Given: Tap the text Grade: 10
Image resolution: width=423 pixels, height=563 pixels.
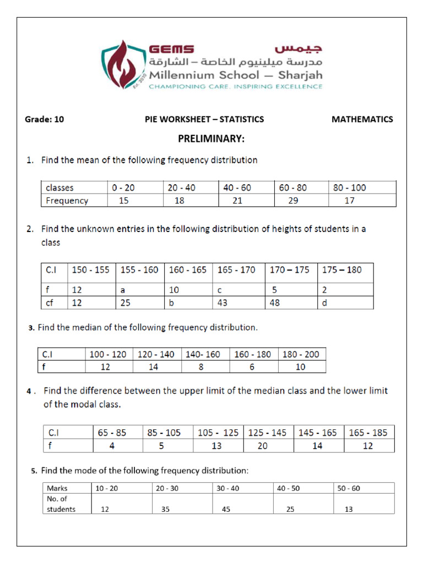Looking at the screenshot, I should [45, 119].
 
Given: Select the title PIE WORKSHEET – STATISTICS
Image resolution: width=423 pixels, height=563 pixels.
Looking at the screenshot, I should [204, 119].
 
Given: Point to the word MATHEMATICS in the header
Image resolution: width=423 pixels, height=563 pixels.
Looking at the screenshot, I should [362, 119].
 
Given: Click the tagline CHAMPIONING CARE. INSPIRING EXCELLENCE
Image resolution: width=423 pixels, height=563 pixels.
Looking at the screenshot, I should [236, 86].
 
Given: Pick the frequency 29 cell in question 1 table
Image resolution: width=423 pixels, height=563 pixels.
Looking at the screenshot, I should [293, 201].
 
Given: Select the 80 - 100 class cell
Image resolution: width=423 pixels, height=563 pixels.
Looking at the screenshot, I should [349, 187].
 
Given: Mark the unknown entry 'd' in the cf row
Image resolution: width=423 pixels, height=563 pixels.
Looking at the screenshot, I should [325, 303].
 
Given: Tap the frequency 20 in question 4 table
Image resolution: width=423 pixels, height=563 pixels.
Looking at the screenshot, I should [262, 446].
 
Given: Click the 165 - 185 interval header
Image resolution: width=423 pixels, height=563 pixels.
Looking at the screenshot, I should [368, 433].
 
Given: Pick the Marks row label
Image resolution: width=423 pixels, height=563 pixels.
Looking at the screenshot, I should [57, 488].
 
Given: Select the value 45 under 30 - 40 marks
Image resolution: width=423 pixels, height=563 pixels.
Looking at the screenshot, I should [226, 509].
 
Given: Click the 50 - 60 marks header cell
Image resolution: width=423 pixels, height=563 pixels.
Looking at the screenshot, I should [348, 488].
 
